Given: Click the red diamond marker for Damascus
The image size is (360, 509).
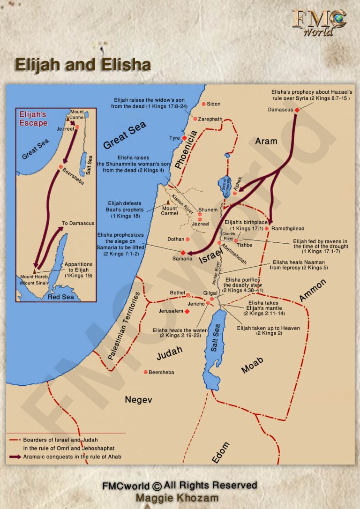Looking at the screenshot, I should (x=297, y=110).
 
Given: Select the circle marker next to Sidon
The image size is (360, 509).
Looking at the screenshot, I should (x=203, y=104).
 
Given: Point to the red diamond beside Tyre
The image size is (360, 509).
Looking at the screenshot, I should (x=184, y=138).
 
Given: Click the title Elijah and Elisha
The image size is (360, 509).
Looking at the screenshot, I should (x=82, y=65).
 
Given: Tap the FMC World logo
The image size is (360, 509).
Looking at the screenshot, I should (x=319, y=22).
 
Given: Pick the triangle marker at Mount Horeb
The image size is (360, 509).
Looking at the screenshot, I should (x=35, y=270).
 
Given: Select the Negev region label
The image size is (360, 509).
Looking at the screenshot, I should (x=138, y=399).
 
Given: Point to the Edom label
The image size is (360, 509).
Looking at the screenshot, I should (x=221, y=453).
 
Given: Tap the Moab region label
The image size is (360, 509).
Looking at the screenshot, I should (x=252, y=365).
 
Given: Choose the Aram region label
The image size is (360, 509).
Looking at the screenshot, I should (x=266, y=141).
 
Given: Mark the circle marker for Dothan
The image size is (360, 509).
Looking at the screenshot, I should (x=187, y=239).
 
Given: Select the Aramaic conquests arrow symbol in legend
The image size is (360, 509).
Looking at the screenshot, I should (x=14, y=456).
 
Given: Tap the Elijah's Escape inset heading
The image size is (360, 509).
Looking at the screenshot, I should (x=33, y=119).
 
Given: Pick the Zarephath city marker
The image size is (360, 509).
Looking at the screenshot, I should (x=195, y=119).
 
